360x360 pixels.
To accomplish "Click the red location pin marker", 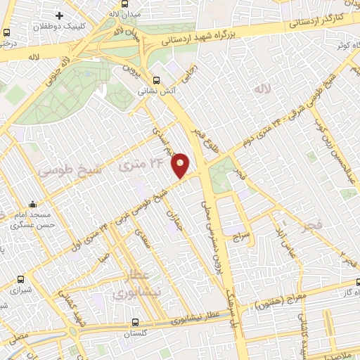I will [181, 165].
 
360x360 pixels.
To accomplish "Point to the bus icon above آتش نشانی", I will [157, 79].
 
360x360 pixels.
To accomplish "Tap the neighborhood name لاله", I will [264, 91].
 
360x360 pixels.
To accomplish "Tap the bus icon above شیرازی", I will [21, 279].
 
